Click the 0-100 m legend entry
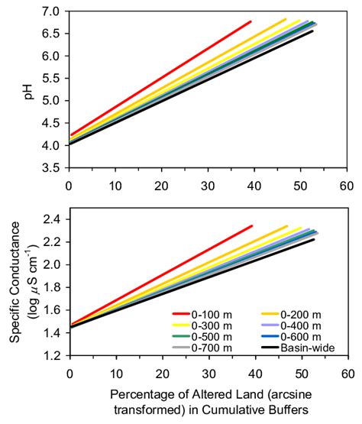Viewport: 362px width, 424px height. point(199,312)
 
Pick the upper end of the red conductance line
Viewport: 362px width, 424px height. point(251,226)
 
